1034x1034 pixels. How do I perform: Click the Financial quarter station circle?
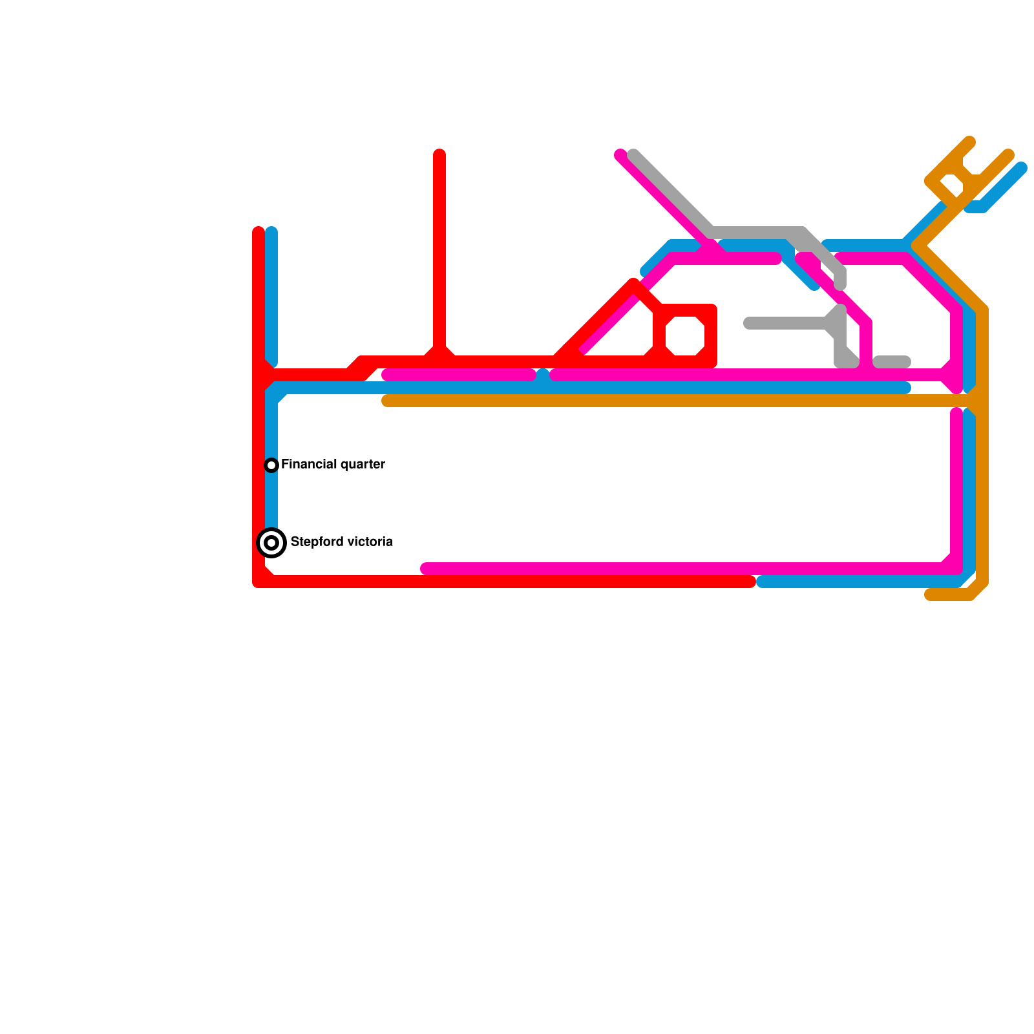click(x=271, y=465)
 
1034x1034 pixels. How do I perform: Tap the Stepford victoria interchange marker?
click(x=271, y=542)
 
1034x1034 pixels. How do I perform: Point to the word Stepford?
click(x=317, y=542)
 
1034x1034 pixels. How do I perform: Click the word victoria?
click(x=370, y=542)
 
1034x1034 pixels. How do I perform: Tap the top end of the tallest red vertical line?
click(x=439, y=154)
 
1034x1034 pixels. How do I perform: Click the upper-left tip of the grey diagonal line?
click(x=633, y=154)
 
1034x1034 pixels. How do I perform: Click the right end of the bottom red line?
click(x=751, y=582)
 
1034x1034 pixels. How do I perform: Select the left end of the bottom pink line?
click(x=426, y=569)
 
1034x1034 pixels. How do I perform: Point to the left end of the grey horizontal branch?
click(x=749, y=323)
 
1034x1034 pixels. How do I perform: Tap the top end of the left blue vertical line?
click(x=271, y=231)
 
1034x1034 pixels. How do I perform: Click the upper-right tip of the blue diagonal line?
click(x=1022, y=168)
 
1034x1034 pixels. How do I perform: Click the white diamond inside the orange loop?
click(x=954, y=184)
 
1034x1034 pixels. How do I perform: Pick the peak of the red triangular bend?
click(x=633, y=283)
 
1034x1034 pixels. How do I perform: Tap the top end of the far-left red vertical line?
click(x=258, y=231)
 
